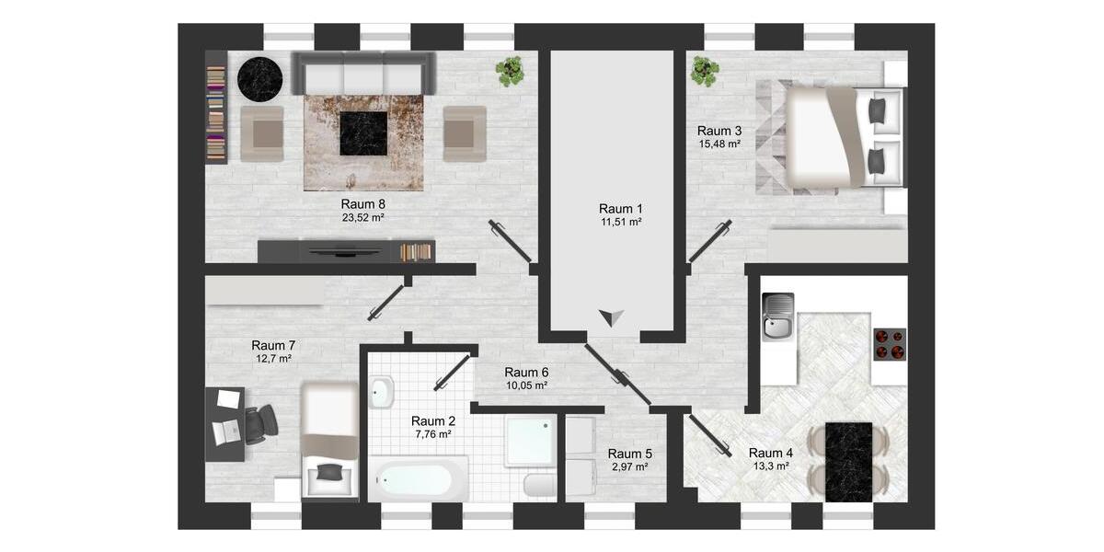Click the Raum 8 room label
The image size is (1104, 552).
click(x=362, y=204)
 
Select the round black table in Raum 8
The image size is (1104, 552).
click(x=259, y=79)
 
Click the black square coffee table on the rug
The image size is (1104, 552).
click(x=363, y=133)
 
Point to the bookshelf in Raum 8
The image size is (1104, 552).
click(x=215, y=108)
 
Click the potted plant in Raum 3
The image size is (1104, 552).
click(x=705, y=71)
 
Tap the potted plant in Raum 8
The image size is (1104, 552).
click(x=510, y=71)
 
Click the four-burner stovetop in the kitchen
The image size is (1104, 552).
click(x=889, y=344)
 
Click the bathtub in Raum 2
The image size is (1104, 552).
click(x=419, y=480)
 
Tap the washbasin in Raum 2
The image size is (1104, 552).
click(x=382, y=393)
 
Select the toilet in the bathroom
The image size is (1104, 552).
click(x=538, y=485)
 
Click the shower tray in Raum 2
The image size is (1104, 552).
click(x=531, y=441)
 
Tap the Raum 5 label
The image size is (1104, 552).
click(x=630, y=454)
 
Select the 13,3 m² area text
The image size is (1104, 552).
click(x=771, y=466)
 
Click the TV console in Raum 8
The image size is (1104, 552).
click(x=345, y=251)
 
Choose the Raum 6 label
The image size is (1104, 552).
click(x=526, y=373)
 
